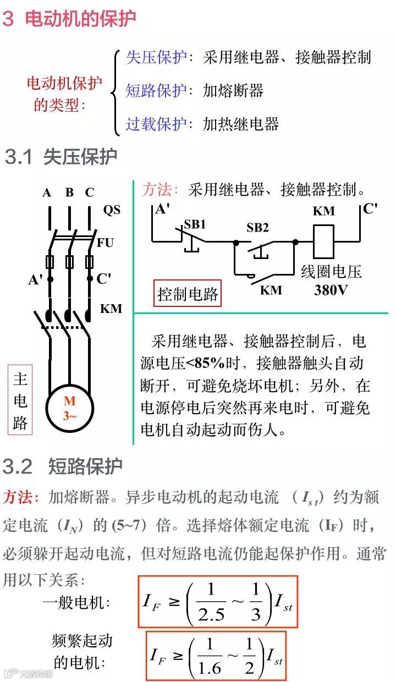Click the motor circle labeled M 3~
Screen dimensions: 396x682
(69, 408)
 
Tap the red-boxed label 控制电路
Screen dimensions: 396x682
(188, 294)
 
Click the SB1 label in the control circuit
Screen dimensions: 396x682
(195, 224)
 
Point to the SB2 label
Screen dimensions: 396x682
(257, 227)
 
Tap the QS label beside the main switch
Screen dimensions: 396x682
(111, 210)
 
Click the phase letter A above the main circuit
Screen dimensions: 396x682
(47, 193)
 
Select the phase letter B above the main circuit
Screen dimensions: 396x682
(69, 193)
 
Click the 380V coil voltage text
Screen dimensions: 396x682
(331, 290)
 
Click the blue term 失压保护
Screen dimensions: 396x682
(157, 57)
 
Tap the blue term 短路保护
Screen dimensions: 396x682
(157, 90)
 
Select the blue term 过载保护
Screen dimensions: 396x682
(157, 124)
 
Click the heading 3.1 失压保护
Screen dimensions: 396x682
(61, 157)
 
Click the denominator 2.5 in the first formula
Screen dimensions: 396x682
(211, 614)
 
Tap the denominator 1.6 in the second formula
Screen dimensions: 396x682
(209, 667)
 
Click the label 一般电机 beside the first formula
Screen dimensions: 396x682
(76, 602)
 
